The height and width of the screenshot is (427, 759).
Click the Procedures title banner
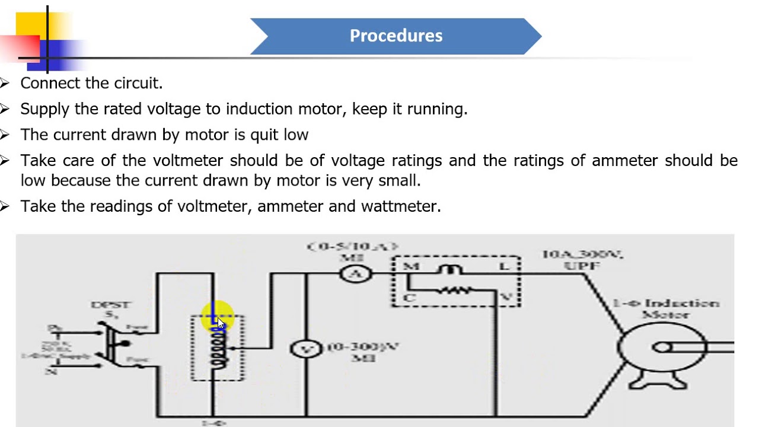tap(396, 36)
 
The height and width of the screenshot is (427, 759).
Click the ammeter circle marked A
tap(356, 273)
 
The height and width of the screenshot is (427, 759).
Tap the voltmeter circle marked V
tap(306, 349)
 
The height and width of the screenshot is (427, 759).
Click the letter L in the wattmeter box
tap(504, 266)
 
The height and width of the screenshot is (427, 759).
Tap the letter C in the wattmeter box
tap(409, 298)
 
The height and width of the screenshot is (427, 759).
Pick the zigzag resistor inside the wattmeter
tap(455, 291)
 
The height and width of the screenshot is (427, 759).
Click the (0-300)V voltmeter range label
tap(362, 352)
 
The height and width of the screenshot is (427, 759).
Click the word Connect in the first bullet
tap(50, 84)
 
